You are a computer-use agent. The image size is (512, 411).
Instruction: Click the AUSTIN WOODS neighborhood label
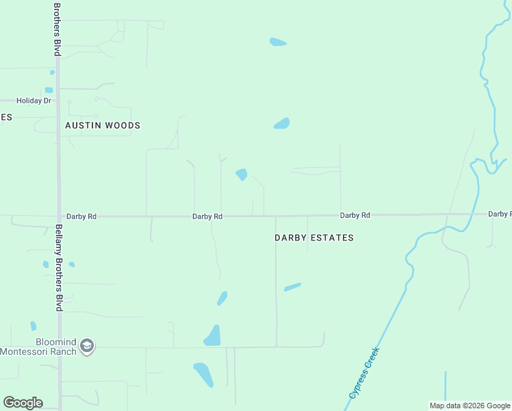103,125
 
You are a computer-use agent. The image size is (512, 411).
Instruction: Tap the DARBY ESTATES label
314,238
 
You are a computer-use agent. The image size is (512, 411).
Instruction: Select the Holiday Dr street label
34,101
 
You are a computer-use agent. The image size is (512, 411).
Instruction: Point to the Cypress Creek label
363,373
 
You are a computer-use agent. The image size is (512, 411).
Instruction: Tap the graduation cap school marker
87,347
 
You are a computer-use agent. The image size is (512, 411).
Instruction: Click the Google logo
23,403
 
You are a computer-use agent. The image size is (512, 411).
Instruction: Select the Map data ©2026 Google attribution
469,406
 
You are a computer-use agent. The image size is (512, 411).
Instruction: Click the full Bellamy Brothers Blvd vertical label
59,268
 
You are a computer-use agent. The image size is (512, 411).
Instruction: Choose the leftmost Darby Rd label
82,216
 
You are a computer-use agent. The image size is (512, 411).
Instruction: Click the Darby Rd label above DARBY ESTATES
355,215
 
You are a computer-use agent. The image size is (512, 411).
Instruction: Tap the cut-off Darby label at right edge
500,214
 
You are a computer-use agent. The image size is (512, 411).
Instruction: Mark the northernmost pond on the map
278,42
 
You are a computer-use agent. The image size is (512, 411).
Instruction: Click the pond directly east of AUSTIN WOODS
282,124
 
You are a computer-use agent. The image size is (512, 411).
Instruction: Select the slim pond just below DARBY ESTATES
292,287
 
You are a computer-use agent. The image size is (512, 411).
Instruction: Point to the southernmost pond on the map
203,374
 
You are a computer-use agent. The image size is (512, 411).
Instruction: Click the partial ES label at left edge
5,117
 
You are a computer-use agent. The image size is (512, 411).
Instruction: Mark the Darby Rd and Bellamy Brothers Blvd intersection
59,216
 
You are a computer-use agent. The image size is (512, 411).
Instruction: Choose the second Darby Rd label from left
207,216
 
